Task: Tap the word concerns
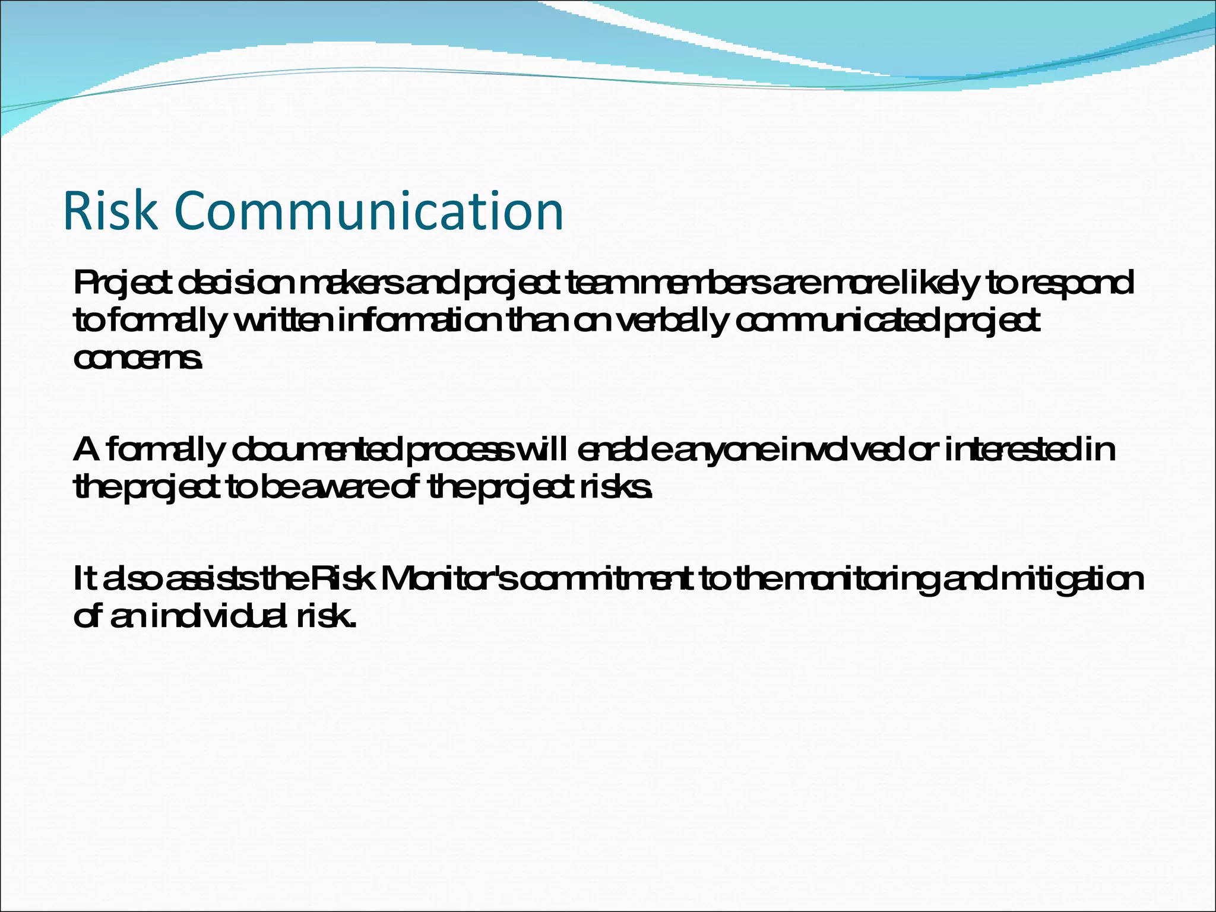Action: point(138,359)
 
